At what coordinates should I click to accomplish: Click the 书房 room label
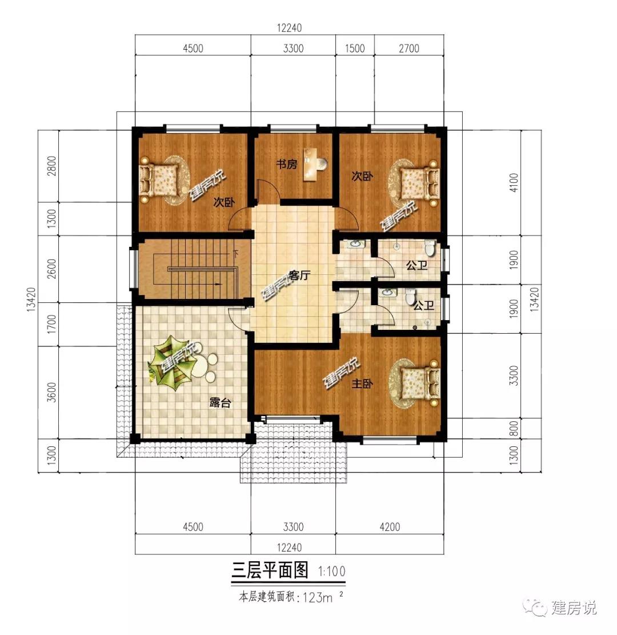287,164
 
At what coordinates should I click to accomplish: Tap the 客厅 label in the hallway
299,275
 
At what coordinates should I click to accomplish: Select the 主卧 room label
362,384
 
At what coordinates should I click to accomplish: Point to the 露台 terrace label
221,402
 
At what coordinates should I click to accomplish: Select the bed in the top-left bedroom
159,180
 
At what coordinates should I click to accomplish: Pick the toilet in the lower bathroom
410,297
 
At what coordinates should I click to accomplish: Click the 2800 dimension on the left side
51,166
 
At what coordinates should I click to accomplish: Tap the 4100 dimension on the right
514,183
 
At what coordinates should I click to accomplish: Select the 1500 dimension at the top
355,49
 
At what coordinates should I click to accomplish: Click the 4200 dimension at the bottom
390,527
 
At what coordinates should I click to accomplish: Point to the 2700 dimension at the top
409,49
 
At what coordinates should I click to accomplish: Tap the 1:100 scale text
332,572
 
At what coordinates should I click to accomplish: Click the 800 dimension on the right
514,429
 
